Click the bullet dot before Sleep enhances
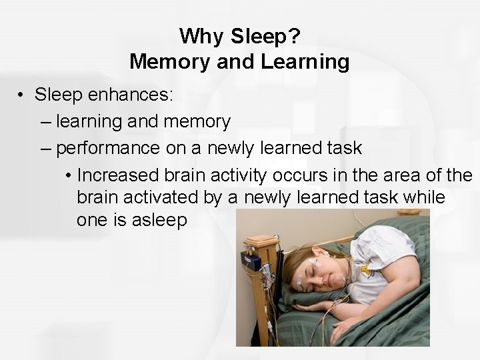coord(22,95)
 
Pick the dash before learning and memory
coord(45,122)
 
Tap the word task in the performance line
coord(345,148)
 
